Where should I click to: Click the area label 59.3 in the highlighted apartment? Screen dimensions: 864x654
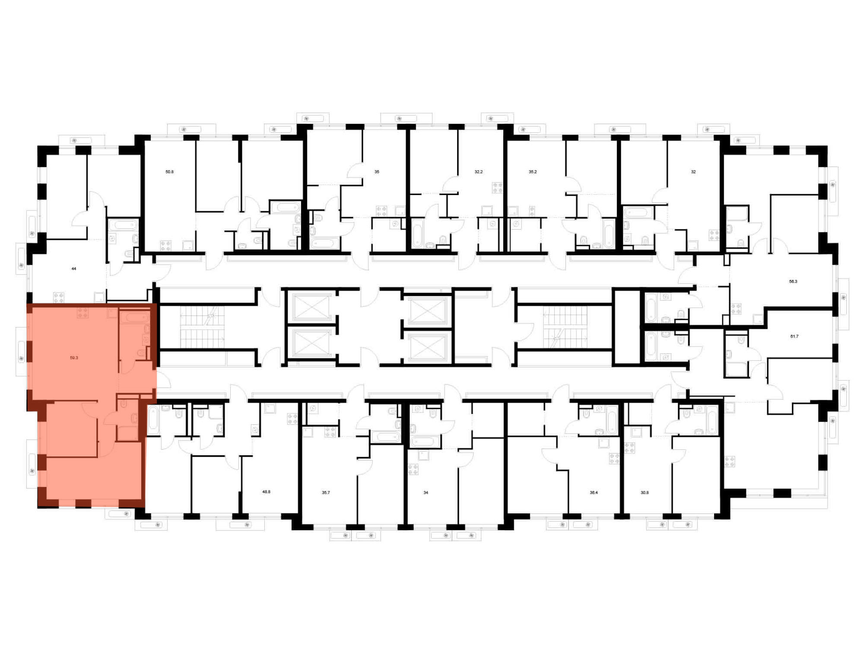(x=74, y=358)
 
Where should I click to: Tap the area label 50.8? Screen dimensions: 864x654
(x=169, y=172)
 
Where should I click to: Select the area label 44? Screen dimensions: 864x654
(x=74, y=269)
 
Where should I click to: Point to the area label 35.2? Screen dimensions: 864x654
(x=533, y=172)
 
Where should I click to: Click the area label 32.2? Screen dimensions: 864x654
(x=479, y=172)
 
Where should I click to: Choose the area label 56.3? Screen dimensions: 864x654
(x=793, y=281)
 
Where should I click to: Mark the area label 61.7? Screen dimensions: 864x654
(x=794, y=336)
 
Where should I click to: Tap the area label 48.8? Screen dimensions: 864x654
(x=266, y=492)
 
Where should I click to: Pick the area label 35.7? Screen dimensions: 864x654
(x=326, y=492)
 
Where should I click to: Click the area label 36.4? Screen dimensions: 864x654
(x=594, y=492)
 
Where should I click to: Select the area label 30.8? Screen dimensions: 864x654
(x=645, y=492)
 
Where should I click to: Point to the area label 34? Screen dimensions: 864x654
(x=426, y=492)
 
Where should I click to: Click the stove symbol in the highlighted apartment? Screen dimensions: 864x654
(x=83, y=313)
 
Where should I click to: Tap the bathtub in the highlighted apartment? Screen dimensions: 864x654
(x=135, y=318)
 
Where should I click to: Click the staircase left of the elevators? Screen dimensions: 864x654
(x=202, y=327)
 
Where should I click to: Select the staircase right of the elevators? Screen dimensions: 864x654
(x=565, y=327)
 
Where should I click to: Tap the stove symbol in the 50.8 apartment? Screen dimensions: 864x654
(x=166, y=246)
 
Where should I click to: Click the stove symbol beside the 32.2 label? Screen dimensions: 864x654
(x=498, y=188)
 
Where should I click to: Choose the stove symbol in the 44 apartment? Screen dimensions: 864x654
(x=59, y=298)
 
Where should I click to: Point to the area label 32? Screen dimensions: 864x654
(x=693, y=172)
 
